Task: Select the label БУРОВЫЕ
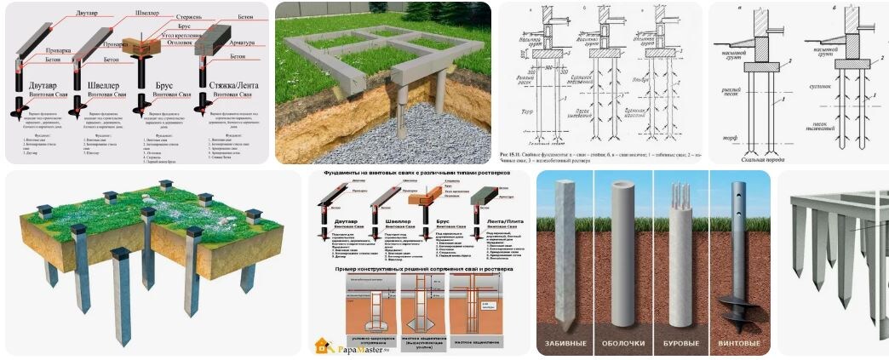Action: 683,347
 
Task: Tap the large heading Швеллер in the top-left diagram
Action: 104,86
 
